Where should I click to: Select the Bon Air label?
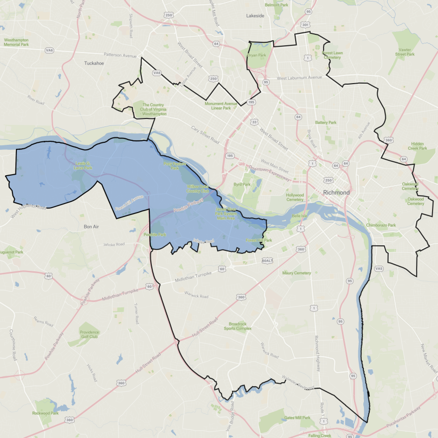tap(92, 226)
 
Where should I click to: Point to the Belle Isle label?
tap(300, 216)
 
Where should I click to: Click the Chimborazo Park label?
tap(381, 225)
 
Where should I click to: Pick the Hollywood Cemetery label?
tap(295, 197)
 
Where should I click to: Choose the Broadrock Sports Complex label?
tap(237, 326)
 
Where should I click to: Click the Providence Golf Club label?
tap(90, 334)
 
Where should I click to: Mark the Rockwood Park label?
tap(45, 413)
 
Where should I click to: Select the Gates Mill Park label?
tap(297, 418)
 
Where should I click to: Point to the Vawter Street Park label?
tap(405, 52)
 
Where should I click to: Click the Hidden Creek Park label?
tap(417, 145)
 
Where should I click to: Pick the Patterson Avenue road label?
tap(120, 55)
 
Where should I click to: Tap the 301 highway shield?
tap(305, 24)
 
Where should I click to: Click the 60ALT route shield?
tap(268, 260)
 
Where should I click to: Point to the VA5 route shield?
tap(379, 268)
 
